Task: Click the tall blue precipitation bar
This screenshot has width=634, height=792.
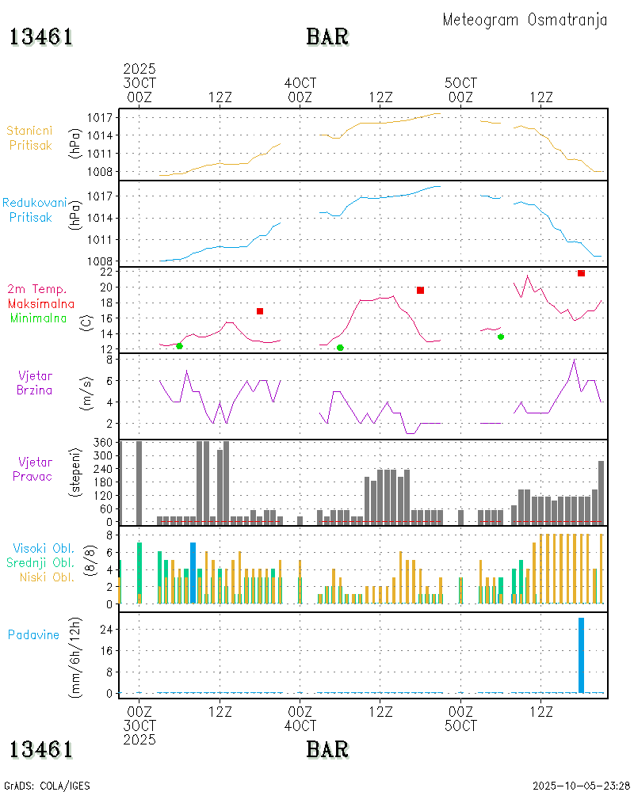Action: click(581, 655)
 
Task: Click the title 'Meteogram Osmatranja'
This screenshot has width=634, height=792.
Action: click(525, 20)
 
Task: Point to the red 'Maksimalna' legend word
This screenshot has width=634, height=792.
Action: click(41, 303)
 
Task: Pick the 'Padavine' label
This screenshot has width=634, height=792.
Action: click(33, 634)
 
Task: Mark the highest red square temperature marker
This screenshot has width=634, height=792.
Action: click(581, 273)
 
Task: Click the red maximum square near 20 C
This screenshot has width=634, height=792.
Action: click(420, 291)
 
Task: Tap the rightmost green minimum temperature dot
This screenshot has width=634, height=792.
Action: click(501, 337)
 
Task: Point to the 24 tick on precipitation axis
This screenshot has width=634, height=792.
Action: click(105, 629)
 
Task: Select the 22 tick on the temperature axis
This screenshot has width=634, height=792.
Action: click(105, 272)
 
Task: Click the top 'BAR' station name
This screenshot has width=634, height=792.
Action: click(327, 36)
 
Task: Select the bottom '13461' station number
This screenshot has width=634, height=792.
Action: click(41, 749)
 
